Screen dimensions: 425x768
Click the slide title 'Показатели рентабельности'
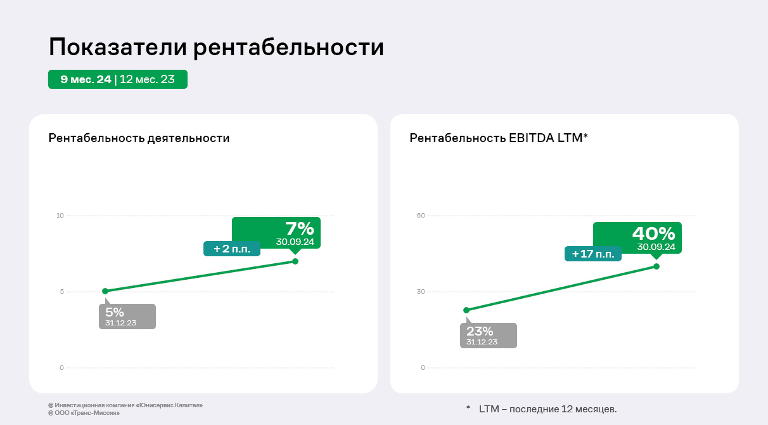(216, 48)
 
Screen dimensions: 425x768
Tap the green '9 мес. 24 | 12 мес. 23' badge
(118, 79)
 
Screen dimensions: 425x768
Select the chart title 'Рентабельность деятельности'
(139, 138)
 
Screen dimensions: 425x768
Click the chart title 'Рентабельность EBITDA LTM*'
(499, 138)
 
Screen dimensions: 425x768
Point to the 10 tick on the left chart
(61, 216)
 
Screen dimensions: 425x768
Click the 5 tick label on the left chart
(62, 292)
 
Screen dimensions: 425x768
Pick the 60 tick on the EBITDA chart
(421, 216)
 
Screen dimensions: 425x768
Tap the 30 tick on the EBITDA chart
(421, 292)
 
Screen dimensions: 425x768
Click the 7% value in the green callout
(299, 229)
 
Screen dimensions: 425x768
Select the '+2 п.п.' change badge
(232, 249)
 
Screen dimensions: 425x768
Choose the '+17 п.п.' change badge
(593, 254)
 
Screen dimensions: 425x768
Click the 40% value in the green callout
(653, 233)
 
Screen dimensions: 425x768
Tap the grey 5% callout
(127, 316)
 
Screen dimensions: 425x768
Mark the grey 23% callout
(488, 335)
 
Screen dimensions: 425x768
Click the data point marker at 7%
(295, 261)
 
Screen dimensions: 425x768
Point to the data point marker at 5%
(105, 291)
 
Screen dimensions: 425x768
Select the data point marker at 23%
(466, 310)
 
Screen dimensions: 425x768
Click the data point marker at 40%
(656, 266)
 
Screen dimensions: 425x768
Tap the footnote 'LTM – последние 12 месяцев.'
(547, 409)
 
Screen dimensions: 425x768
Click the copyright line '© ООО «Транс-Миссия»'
(84, 413)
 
